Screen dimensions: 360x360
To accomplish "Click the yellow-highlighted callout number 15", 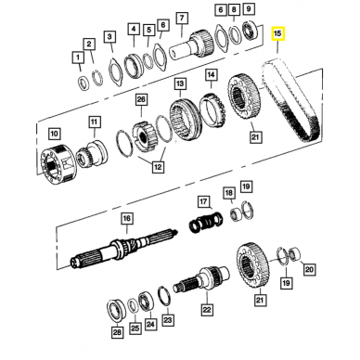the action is (x=277, y=33).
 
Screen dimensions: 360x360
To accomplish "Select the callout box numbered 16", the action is (x=127, y=219).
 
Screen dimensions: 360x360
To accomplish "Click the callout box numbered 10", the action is (x=54, y=134).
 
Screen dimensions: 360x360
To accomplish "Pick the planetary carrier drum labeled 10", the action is (x=58, y=165).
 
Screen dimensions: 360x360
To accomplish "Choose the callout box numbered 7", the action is (x=182, y=18).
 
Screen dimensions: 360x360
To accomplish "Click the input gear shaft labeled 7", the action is (x=192, y=45).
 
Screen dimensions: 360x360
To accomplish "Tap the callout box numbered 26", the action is (x=141, y=99).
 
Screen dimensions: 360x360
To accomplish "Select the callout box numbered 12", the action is (x=158, y=167).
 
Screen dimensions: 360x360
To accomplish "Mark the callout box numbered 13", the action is (x=180, y=84).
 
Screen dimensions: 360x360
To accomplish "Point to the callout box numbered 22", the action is (x=207, y=309).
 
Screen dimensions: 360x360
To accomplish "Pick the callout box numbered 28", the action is (x=117, y=333).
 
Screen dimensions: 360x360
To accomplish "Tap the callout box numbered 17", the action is (x=203, y=202).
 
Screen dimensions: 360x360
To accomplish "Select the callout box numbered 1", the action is (x=78, y=58).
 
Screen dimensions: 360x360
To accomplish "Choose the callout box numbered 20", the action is (x=309, y=269).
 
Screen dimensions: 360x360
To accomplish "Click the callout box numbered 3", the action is (x=109, y=37).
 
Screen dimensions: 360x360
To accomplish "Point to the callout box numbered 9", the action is (x=249, y=9).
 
